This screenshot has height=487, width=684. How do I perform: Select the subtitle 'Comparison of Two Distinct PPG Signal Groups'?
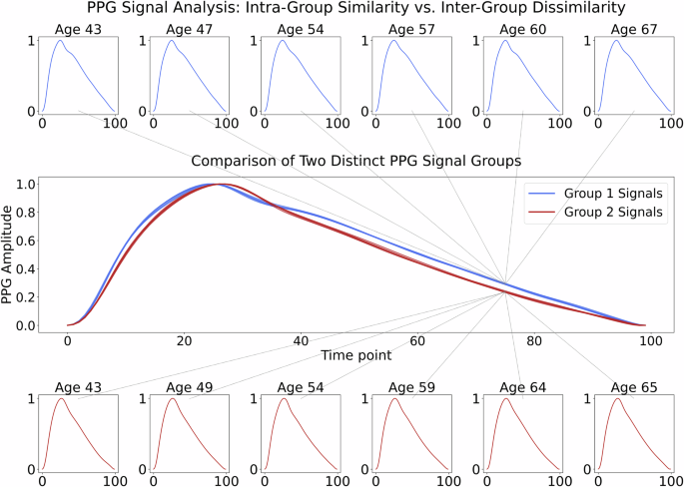342,161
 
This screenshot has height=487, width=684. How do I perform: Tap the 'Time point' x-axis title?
357,355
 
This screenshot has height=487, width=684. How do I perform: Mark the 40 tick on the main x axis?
301,340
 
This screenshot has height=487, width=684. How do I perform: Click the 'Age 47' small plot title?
190,30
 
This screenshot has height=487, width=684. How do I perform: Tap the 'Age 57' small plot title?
411,30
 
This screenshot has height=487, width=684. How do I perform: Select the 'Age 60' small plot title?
522,30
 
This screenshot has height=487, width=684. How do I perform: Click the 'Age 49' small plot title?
190,387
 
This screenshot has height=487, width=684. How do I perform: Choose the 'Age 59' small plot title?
411,387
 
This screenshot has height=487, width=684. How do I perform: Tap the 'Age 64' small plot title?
522,387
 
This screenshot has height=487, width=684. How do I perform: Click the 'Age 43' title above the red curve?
79,387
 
